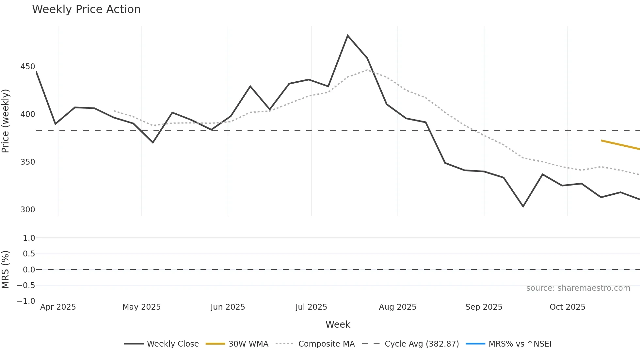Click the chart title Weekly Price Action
(86, 9)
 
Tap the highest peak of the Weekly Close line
(347, 36)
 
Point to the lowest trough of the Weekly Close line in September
(523, 206)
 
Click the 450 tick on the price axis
(28, 67)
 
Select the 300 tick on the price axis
(28, 209)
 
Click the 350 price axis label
(28, 162)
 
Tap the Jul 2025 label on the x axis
(311, 307)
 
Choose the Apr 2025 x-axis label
(58, 307)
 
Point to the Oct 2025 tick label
(567, 307)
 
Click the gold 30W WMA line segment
(620, 145)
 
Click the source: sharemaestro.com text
(578, 288)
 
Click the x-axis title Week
(338, 324)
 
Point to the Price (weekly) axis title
(6, 121)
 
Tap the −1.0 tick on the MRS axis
(26, 301)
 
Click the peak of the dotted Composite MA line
(367, 70)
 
